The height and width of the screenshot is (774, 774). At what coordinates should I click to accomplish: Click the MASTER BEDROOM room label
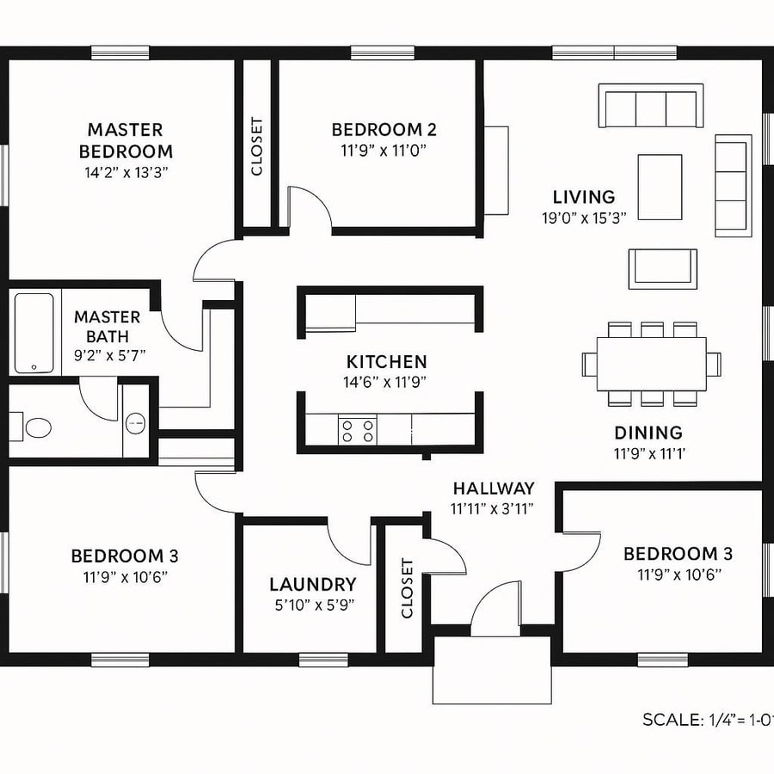126,140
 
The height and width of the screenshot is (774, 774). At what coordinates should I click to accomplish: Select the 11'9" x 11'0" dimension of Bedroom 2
384,150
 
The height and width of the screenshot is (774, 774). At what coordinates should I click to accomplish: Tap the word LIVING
584,197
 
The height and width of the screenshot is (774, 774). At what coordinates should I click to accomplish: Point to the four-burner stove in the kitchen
357,430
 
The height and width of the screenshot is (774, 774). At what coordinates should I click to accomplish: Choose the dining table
651,363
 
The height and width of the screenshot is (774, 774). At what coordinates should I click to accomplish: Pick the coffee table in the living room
660,187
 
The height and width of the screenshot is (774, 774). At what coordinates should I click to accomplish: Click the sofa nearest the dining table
662,269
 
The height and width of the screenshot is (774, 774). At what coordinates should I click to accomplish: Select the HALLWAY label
494,488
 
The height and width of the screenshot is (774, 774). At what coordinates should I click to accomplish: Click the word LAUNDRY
312,585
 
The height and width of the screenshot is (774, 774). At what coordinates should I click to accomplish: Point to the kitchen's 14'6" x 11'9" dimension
386,382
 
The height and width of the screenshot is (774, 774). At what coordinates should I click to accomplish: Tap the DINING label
648,433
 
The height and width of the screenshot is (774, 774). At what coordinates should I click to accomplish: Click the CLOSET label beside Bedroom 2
256,146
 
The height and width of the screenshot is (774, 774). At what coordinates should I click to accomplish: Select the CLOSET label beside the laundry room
407,588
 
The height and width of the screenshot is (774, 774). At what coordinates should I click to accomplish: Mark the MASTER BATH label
107,326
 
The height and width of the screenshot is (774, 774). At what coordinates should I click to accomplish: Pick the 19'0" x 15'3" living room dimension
584,218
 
